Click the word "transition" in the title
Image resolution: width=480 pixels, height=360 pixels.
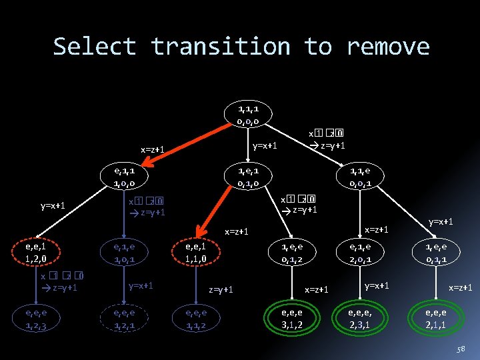(x=220, y=47)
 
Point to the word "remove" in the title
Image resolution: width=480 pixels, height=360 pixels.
(x=388, y=47)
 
